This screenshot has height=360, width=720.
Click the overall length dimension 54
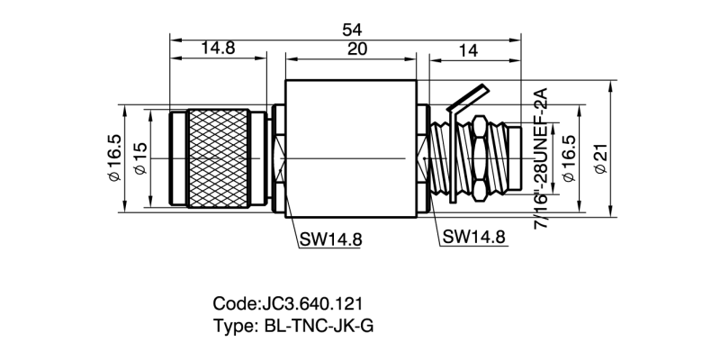tap(352, 29)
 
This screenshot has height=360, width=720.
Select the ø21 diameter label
tap(600, 160)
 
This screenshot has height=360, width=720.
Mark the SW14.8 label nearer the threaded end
tap(474, 238)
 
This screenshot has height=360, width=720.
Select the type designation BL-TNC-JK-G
tap(318, 325)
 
